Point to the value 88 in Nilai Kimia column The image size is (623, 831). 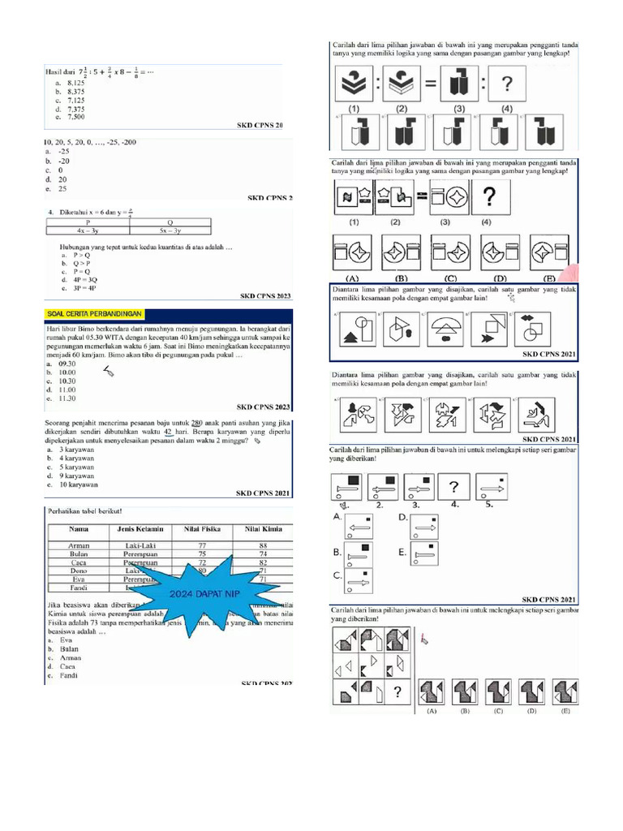pos(261,546)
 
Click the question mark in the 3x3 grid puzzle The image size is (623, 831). pos(397,692)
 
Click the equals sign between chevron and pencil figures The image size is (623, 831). pos(430,83)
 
